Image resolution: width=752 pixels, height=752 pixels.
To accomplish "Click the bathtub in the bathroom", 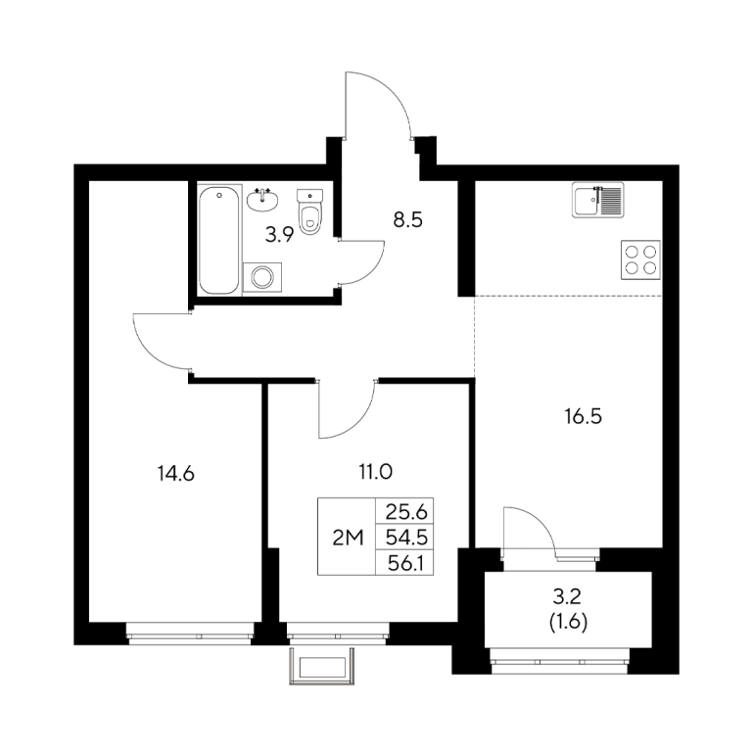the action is [x=218, y=241].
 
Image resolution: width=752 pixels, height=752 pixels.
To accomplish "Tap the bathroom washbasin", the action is [x=262, y=200].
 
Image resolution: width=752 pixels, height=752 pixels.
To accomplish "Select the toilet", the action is [x=309, y=211].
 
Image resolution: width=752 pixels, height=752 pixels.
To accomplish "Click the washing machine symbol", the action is [x=262, y=277].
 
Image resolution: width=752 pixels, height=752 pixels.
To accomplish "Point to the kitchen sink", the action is [x=598, y=200].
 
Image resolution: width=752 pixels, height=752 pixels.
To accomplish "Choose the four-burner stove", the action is [x=640, y=259].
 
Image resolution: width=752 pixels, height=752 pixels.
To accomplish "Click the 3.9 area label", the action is [x=279, y=235].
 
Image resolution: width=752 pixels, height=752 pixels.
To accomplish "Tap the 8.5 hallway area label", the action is [x=407, y=220].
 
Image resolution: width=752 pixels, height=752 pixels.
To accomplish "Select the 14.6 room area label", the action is [x=175, y=474].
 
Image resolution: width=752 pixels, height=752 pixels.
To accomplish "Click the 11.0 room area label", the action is [x=376, y=472].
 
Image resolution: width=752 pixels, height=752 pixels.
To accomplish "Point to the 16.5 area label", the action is [x=584, y=417].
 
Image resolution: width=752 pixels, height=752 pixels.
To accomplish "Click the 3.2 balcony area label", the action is [x=567, y=597].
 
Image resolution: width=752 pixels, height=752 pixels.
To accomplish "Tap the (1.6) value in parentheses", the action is [x=568, y=623].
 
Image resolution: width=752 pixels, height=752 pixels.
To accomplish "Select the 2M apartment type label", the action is [x=348, y=539].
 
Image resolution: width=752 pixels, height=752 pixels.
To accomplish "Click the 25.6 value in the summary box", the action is [x=406, y=513].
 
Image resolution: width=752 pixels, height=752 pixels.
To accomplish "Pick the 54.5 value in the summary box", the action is [x=406, y=538].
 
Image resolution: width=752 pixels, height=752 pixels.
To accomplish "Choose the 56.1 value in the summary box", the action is [x=405, y=563].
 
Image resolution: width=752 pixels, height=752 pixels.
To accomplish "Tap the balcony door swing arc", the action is [x=540, y=523].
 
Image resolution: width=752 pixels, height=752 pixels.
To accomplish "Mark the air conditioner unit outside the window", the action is [x=322, y=667].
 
